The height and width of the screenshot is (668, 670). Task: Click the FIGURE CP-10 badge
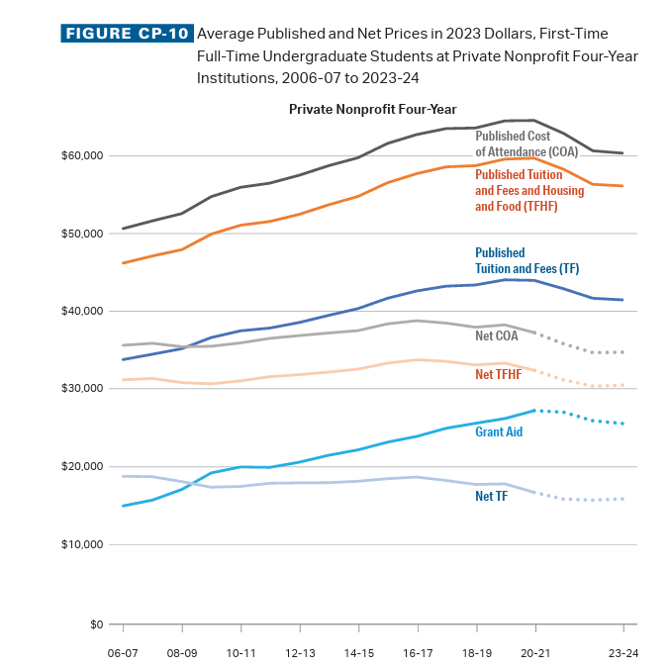126,34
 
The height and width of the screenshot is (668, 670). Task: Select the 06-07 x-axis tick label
123,654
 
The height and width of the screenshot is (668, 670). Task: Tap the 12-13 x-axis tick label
300,654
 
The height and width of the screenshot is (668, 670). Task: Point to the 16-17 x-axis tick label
418,654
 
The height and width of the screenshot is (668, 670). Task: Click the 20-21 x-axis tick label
535,654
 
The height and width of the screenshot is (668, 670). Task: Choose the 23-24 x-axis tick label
623,654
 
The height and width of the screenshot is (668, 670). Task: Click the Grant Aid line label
499,432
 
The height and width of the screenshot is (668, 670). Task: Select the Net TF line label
493,496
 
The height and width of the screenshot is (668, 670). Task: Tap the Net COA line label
497,336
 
